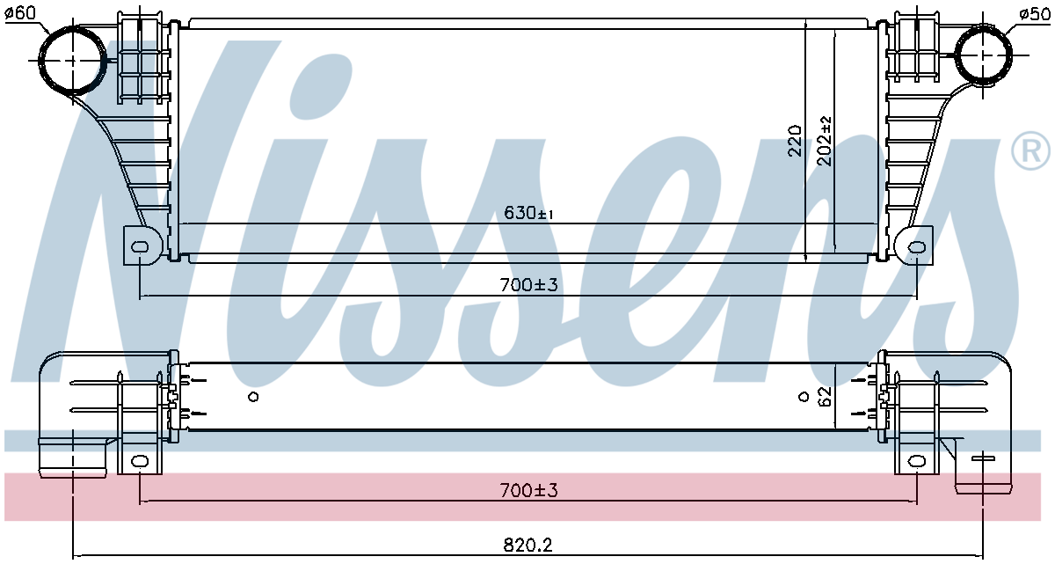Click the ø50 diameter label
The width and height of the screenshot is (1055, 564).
coord(1034,14)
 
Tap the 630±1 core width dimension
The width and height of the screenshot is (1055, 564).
coord(528,213)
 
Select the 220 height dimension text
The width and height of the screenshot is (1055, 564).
coord(794,141)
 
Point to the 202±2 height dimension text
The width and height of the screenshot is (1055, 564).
coord(825,141)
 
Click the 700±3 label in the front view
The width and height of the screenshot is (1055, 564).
coord(528,284)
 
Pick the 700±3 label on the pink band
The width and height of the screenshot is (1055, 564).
coord(528,490)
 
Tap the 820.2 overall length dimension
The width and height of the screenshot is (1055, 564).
coord(527,546)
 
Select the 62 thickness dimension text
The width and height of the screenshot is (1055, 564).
coord(825,396)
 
